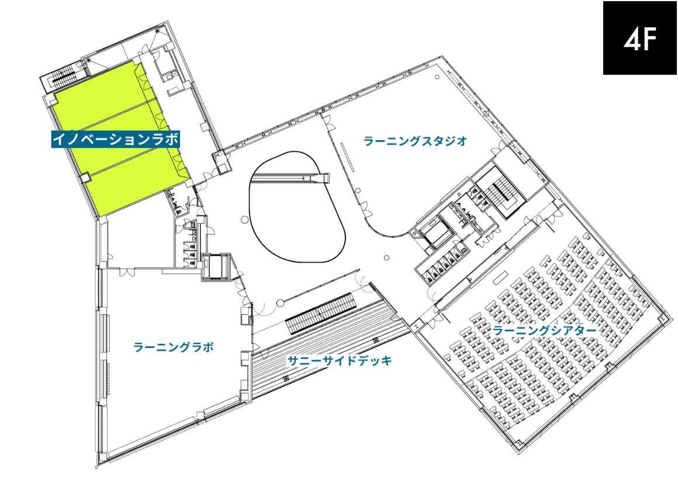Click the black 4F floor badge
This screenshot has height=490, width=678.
coord(640,37)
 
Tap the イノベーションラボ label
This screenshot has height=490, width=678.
coord(116,139)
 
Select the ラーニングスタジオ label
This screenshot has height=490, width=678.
coord(416,141)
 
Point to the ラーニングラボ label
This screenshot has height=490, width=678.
coord(174,347)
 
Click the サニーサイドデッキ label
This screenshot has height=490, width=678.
coord(340,360)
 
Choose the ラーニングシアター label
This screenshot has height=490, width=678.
coord(545,331)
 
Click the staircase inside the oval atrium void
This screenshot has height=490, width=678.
coord(290,178)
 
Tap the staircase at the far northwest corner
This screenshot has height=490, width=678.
coord(63,77)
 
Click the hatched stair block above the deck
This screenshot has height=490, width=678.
coord(320,313)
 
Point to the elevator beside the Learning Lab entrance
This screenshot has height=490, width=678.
coord(215,266)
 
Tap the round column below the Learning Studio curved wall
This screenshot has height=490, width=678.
coord(386,258)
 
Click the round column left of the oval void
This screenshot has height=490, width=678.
coord(244,220)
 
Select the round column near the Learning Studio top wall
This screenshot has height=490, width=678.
coord(437,77)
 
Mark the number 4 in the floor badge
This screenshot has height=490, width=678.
coord(631,39)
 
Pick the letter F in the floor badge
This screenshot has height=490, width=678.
coord(649,39)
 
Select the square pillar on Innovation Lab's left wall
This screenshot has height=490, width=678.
coord(85,178)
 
